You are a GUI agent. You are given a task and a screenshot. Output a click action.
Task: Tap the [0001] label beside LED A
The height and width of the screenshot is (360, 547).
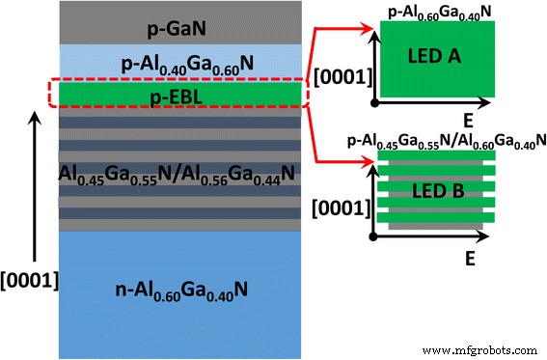click(x=340, y=74)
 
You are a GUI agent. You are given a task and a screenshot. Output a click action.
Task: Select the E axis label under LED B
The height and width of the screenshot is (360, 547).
click(x=468, y=259)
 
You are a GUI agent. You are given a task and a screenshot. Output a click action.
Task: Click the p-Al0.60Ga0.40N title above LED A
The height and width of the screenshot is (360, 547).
click(x=438, y=11)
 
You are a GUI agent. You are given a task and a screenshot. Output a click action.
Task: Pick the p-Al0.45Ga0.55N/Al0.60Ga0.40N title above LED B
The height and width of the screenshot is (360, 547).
click(x=439, y=141)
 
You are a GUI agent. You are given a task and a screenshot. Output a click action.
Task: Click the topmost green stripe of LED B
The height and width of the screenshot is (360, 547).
click(x=439, y=154)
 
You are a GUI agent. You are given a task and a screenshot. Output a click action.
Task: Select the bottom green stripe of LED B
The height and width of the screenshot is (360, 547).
click(x=439, y=219)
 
